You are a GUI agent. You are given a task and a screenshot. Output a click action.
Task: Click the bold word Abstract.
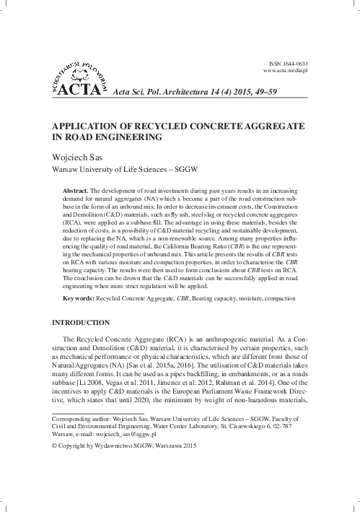(x=76, y=189)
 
